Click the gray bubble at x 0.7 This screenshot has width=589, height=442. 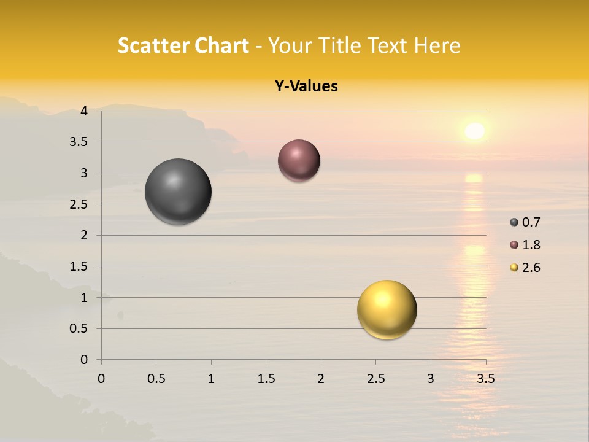coord(178,192)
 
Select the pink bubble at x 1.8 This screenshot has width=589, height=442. coord(299,161)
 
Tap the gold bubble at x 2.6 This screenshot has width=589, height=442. coord(387,309)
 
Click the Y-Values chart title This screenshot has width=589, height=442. coord(306,87)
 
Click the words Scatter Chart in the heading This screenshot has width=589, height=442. coord(183,45)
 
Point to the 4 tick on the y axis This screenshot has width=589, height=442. coord(84,111)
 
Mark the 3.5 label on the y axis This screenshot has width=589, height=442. coord(79,142)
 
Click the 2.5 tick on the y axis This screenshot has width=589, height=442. coord(79,204)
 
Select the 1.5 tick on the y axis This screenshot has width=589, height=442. coord(79,266)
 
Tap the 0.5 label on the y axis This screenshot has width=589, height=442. coord(79,328)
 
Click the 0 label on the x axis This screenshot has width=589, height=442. coord(101,379)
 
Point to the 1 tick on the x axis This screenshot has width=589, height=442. coord(211,379)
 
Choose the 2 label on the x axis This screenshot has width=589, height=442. coord(321,379)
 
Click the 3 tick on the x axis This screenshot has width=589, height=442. coord(431,379)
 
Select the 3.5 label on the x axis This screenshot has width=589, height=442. coord(485,379)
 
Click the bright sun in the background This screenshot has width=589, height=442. coord(474,131)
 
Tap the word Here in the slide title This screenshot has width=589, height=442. coord(437,45)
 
